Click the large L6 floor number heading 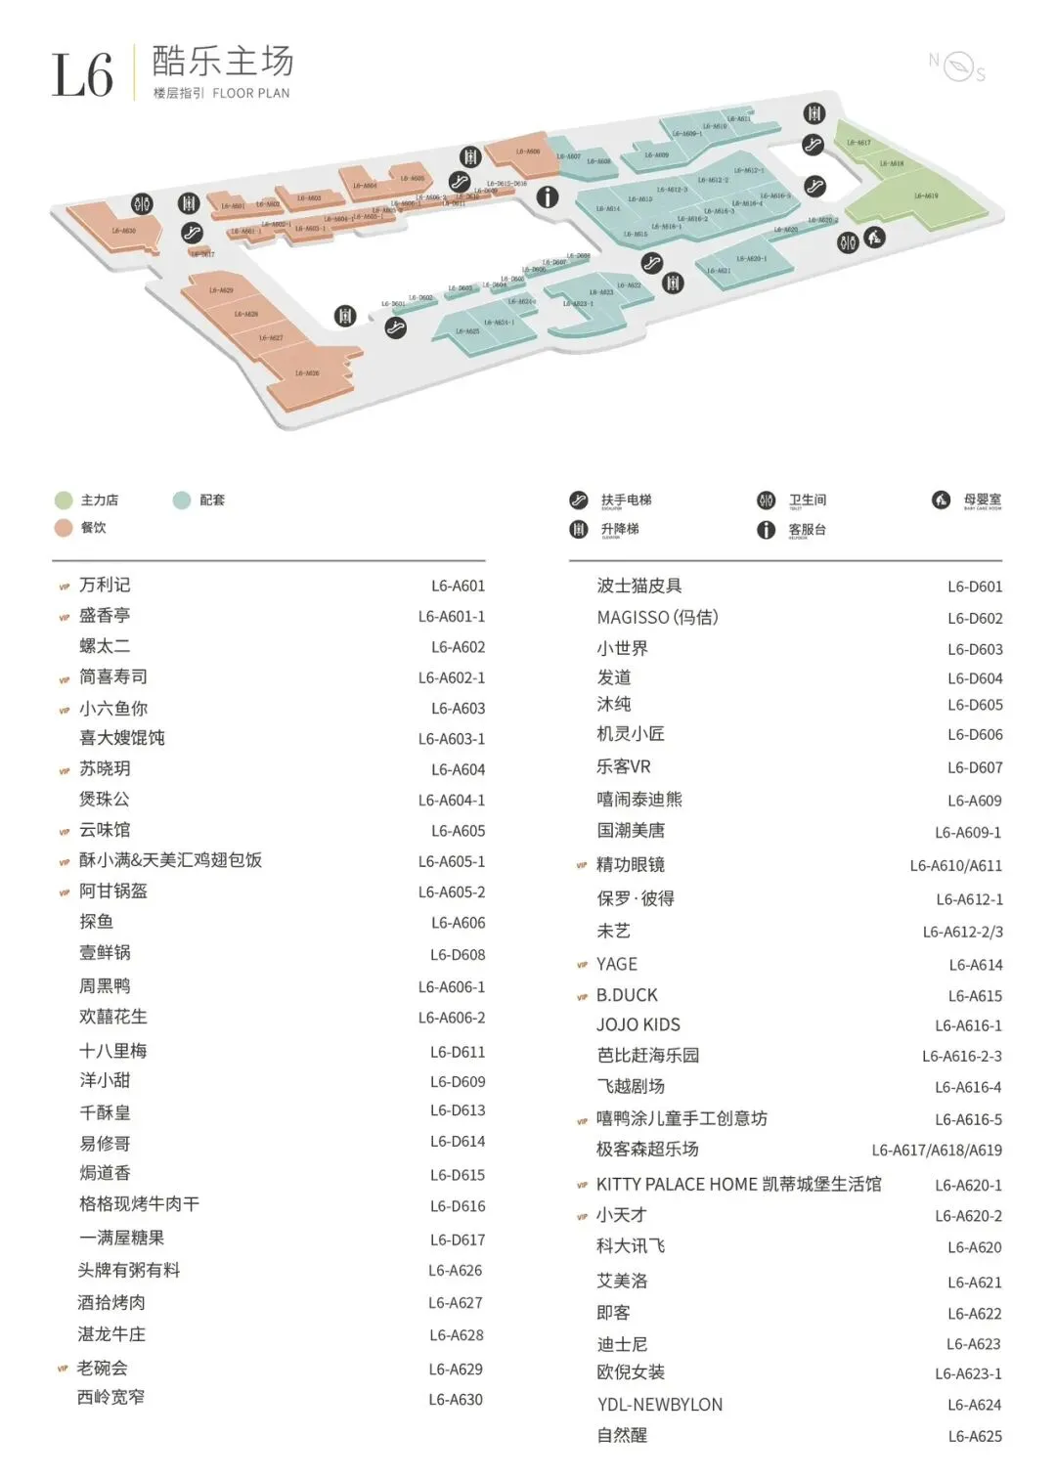click(82, 75)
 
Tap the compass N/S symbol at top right click(957, 66)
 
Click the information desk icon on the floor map click(548, 196)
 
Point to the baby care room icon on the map click(874, 237)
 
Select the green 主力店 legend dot click(64, 500)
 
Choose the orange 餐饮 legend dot click(64, 528)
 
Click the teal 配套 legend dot click(181, 500)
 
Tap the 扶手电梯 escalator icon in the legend click(579, 500)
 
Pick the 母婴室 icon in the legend click(941, 500)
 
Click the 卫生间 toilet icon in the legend click(767, 500)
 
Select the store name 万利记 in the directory click(105, 585)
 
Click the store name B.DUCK click(627, 995)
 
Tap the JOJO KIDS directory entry click(638, 1024)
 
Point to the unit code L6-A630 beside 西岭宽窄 click(456, 1400)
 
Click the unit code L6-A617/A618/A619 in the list click(937, 1151)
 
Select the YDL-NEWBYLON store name click(660, 1405)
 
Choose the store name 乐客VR click(624, 767)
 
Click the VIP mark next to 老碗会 click(64, 1369)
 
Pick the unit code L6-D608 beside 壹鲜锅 click(458, 955)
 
